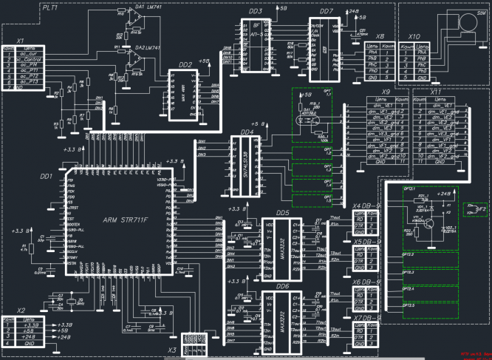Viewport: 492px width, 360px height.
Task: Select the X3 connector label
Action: coord(172,350)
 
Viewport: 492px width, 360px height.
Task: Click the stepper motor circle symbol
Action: coord(468,23)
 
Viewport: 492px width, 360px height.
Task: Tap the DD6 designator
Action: coord(282,285)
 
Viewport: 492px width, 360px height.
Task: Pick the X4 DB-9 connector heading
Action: coord(366,206)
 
